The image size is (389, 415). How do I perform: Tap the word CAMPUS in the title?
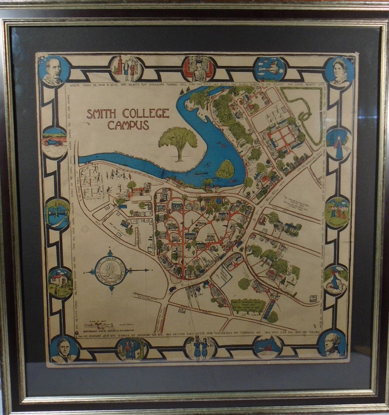pyautogui.click(x=128, y=125)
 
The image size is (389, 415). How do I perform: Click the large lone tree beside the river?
pyautogui.click(x=178, y=142)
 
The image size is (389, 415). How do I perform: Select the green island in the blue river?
pyautogui.click(x=225, y=169)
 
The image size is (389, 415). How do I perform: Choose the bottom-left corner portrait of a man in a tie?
pyautogui.click(x=63, y=348)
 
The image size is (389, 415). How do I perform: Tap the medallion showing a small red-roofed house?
pyautogui.click(x=60, y=282)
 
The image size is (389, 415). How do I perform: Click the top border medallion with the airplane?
pyautogui.click(x=269, y=69)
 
